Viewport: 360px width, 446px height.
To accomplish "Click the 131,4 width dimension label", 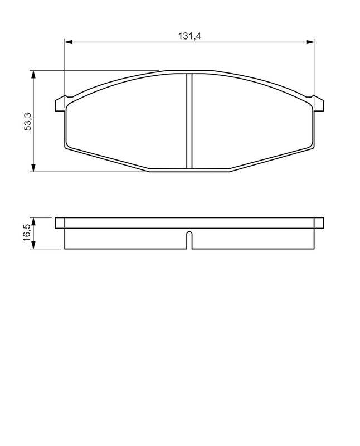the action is pos(189,36).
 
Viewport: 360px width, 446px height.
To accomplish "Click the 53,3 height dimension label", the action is pos(28,122).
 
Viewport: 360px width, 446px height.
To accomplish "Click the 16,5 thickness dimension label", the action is pos(28,232).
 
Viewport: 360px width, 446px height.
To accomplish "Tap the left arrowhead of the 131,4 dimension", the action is pos(69,42).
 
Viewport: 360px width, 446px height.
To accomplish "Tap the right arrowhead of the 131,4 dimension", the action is pos(310,42).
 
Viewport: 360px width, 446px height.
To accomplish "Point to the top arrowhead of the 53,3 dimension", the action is pos(33,75).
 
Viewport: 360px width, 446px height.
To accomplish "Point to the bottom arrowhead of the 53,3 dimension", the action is pos(33,168).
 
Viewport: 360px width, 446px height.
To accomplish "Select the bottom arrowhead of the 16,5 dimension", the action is pos(33,245).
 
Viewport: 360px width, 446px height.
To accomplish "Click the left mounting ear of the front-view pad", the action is pos(60,104).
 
